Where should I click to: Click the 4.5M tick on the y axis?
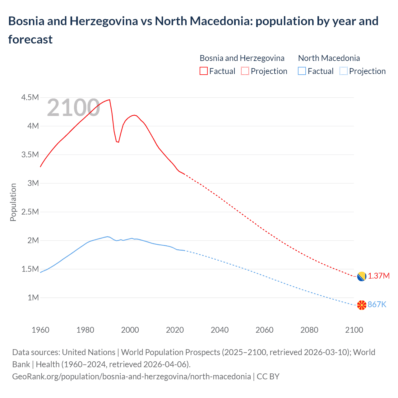click(x=30, y=98)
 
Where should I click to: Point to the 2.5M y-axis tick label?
click(x=30, y=212)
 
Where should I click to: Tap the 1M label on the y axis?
click(x=33, y=298)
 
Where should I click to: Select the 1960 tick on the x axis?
click(x=40, y=330)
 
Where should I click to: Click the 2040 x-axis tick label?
click(x=220, y=330)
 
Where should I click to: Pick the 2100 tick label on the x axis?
click(x=354, y=330)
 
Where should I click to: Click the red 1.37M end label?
click(x=379, y=276)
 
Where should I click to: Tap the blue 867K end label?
click(x=377, y=305)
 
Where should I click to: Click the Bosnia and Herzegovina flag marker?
click(x=361, y=276)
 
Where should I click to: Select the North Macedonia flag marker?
click(x=361, y=305)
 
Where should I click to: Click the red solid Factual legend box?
click(x=203, y=71)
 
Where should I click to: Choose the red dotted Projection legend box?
click(x=245, y=71)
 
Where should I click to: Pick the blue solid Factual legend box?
click(x=302, y=71)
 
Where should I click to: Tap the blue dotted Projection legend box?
click(x=343, y=71)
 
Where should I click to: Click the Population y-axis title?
click(x=13, y=202)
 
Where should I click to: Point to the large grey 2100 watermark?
click(x=73, y=108)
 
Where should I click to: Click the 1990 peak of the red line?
click(x=109, y=100)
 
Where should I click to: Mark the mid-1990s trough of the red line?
click(x=118, y=142)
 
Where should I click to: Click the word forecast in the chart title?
click(x=30, y=39)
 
